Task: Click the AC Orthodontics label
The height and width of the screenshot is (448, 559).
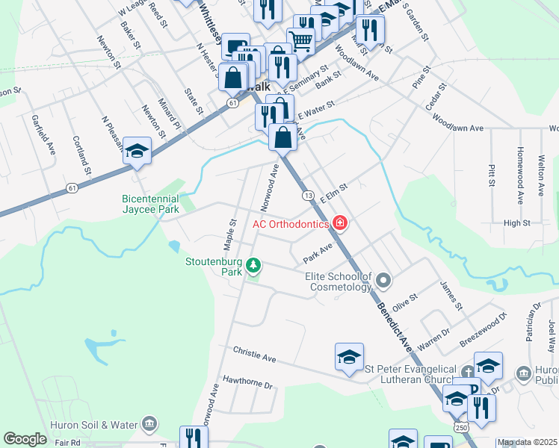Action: click(291, 223)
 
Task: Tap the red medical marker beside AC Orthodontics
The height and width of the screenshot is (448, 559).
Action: click(340, 223)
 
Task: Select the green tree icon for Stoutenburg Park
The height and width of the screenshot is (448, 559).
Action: click(253, 265)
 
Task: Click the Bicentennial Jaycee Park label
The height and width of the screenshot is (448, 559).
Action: click(150, 204)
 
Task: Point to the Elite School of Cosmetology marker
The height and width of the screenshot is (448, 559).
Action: click(383, 281)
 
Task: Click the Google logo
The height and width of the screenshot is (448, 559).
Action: click(25, 439)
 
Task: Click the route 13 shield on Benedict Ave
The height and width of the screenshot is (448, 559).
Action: click(308, 195)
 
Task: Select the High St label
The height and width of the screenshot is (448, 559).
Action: click(516, 223)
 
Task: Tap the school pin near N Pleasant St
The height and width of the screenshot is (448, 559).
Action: click(138, 151)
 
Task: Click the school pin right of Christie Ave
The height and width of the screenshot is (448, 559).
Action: click(349, 358)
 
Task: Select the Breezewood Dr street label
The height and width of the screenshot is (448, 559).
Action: click(484, 327)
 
